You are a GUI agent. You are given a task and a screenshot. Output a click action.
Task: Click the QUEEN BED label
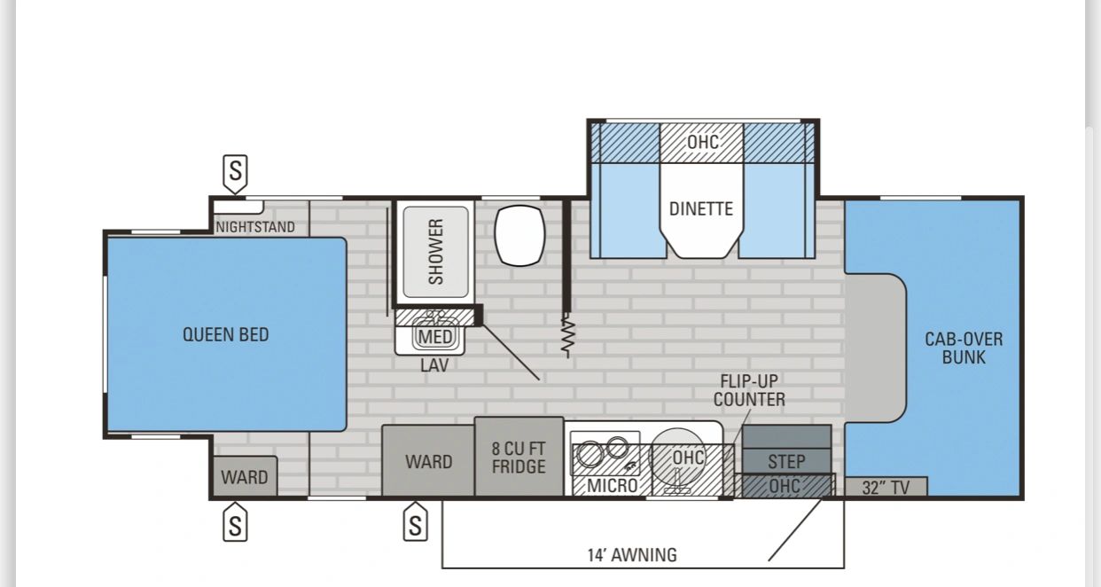tap(225, 335)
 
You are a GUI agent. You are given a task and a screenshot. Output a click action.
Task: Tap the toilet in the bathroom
tap(519, 236)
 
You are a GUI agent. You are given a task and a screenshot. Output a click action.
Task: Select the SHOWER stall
tap(435, 252)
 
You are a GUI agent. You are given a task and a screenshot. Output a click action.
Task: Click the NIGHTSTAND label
tap(255, 227)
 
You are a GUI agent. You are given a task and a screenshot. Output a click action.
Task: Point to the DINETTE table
tap(701, 210)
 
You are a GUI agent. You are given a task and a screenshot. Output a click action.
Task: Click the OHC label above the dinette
tap(702, 143)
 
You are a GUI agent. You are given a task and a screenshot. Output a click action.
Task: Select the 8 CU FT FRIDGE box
tap(519, 457)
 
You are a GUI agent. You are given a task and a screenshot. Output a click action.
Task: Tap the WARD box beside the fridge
tap(428, 461)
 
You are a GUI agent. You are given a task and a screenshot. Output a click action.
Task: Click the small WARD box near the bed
tap(245, 476)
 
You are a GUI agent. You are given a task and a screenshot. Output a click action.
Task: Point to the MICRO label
tap(612, 486)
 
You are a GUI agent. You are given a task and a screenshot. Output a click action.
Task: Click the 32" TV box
tap(886, 487)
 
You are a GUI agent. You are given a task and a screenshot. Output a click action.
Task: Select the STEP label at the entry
tap(786, 462)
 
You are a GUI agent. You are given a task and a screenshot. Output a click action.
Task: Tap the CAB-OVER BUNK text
tap(964, 348)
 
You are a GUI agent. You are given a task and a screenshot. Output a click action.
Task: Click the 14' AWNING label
tap(632, 555)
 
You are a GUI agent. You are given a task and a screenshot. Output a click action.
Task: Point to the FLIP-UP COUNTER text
tap(749, 390)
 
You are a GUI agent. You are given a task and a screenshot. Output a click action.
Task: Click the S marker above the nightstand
tap(235, 174)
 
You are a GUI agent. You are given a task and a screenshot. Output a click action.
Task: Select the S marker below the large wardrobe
tap(416, 521)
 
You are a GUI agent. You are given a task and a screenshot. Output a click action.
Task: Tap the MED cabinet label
tap(435, 337)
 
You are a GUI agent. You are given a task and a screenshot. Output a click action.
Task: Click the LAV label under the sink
tap(434, 364)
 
